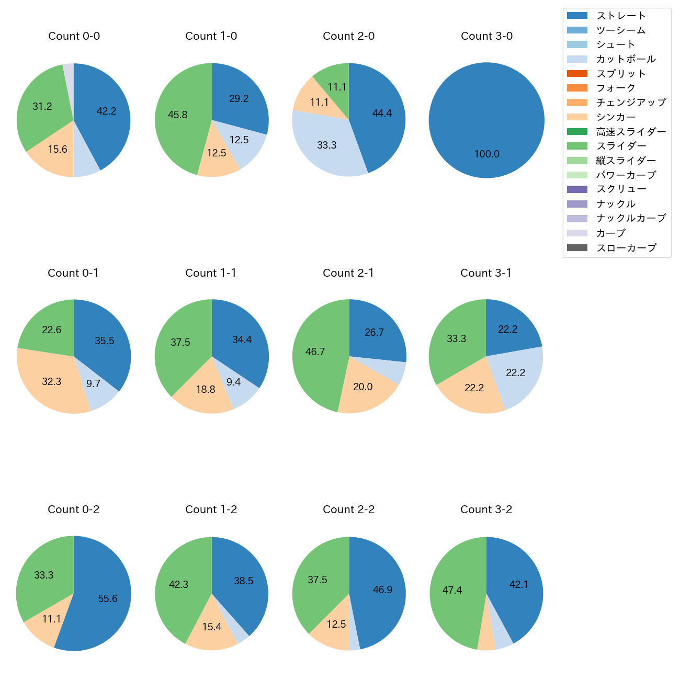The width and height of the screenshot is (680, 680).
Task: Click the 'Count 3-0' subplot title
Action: point(486,36)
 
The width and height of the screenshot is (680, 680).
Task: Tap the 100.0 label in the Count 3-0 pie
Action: point(486,154)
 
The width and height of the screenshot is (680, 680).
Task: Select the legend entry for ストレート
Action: point(621,16)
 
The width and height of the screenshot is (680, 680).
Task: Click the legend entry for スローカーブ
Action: point(626,248)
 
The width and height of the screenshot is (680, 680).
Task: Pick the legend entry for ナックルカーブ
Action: point(631,219)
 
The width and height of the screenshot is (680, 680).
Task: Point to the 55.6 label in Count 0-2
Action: point(108,599)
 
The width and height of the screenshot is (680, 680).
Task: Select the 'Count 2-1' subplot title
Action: point(348,273)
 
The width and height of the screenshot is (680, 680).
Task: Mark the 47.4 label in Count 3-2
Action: point(452,591)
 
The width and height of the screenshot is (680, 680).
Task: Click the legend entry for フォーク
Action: point(616,88)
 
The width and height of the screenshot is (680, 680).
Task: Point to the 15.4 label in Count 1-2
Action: point(212,627)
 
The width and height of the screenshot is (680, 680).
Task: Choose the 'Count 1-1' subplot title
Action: point(211,273)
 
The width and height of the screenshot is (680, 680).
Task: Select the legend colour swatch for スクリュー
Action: point(577,189)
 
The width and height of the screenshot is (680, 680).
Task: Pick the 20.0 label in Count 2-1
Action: point(362,387)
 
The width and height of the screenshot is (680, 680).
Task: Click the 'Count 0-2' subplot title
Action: point(74,509)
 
